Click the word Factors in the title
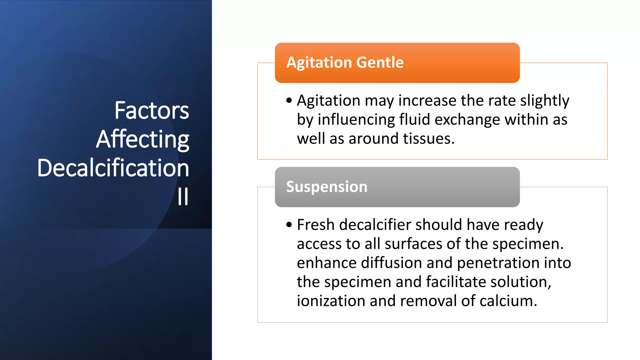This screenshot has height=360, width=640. click(152, 111)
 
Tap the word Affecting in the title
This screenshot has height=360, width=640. click(142, 139)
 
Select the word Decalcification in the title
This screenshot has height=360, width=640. click(113, 168)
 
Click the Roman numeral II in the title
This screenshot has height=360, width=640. click(183, 197)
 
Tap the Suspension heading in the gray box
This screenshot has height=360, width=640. click(327, 187)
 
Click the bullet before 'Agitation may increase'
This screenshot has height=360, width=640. click(289, 101)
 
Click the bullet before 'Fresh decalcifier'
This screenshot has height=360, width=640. click(289, 225)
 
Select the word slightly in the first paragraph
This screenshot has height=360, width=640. click(544, 101)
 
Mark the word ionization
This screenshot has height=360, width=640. click(331, 301)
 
